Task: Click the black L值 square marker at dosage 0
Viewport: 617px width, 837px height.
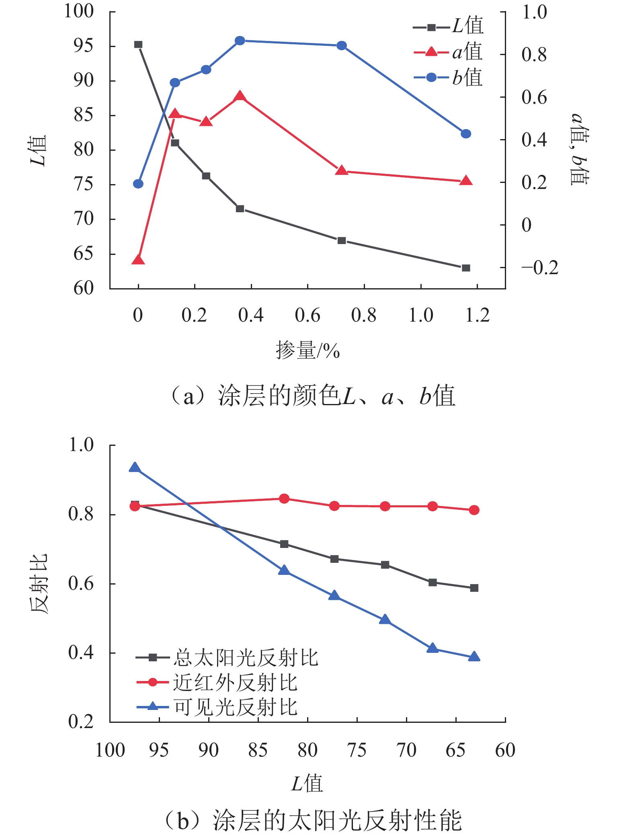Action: coord(138,45)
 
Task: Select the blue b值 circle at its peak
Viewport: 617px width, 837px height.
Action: coord(240,41)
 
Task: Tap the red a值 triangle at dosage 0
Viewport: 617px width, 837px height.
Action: coord(138,260)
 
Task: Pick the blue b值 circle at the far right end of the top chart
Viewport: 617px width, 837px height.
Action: coord(466,134)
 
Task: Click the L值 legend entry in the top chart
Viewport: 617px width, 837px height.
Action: coord(449,27)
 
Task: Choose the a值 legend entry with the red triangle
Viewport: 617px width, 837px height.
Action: coord(449,52)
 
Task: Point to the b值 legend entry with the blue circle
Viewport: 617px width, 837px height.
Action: coord(449,77)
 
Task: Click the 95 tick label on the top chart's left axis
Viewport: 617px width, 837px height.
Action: coord(83,46)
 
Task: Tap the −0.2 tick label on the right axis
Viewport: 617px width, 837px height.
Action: coord(540,268)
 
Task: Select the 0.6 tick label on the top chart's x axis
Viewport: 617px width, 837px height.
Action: coord(307,316)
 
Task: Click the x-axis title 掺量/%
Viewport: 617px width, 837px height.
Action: coord(308,351)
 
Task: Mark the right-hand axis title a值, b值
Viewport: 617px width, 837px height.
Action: coord(580,149)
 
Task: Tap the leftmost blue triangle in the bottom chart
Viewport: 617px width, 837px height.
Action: coord(135,468)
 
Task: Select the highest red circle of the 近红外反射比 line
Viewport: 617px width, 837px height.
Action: coord(284,499)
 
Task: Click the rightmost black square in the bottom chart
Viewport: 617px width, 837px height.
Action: coord(474,588)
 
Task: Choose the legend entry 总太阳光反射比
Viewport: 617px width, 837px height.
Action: coord(228,658)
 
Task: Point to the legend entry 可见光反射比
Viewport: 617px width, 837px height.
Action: coord(217,707)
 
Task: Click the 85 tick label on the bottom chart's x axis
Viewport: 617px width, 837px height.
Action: coord(258,750)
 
